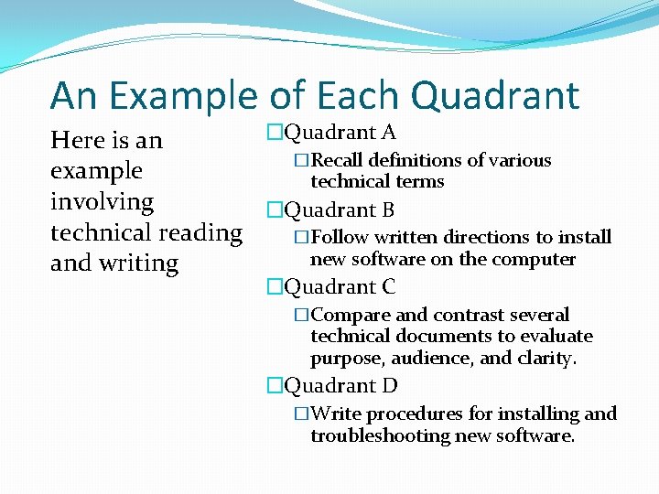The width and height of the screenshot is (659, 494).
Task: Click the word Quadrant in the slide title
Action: [x=495, y=95]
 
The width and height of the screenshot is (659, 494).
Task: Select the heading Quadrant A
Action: [x=340, y=133]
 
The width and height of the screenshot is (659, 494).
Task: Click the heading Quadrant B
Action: [x=340, y=209]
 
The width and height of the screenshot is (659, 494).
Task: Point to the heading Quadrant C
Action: [x=340, y=286]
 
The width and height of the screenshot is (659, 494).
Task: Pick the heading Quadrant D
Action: [x=340, y=385]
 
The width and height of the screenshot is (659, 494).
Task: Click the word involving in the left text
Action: [x=102, y=201]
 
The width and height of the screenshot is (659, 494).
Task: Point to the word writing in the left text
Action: [x=140, y=263]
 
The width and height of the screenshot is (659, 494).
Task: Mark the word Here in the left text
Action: [x=77, y=140]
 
